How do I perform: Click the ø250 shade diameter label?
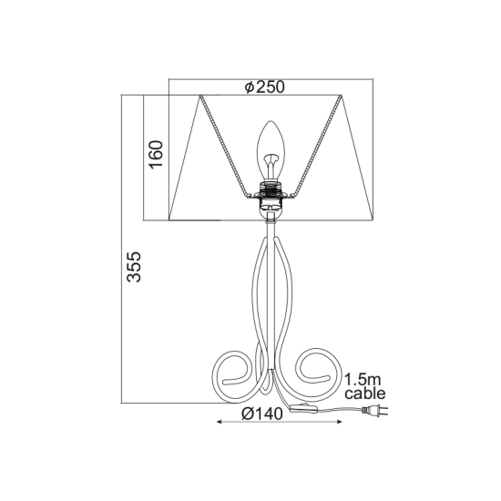266,87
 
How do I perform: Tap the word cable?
365,394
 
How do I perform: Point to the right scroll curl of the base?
315,373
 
